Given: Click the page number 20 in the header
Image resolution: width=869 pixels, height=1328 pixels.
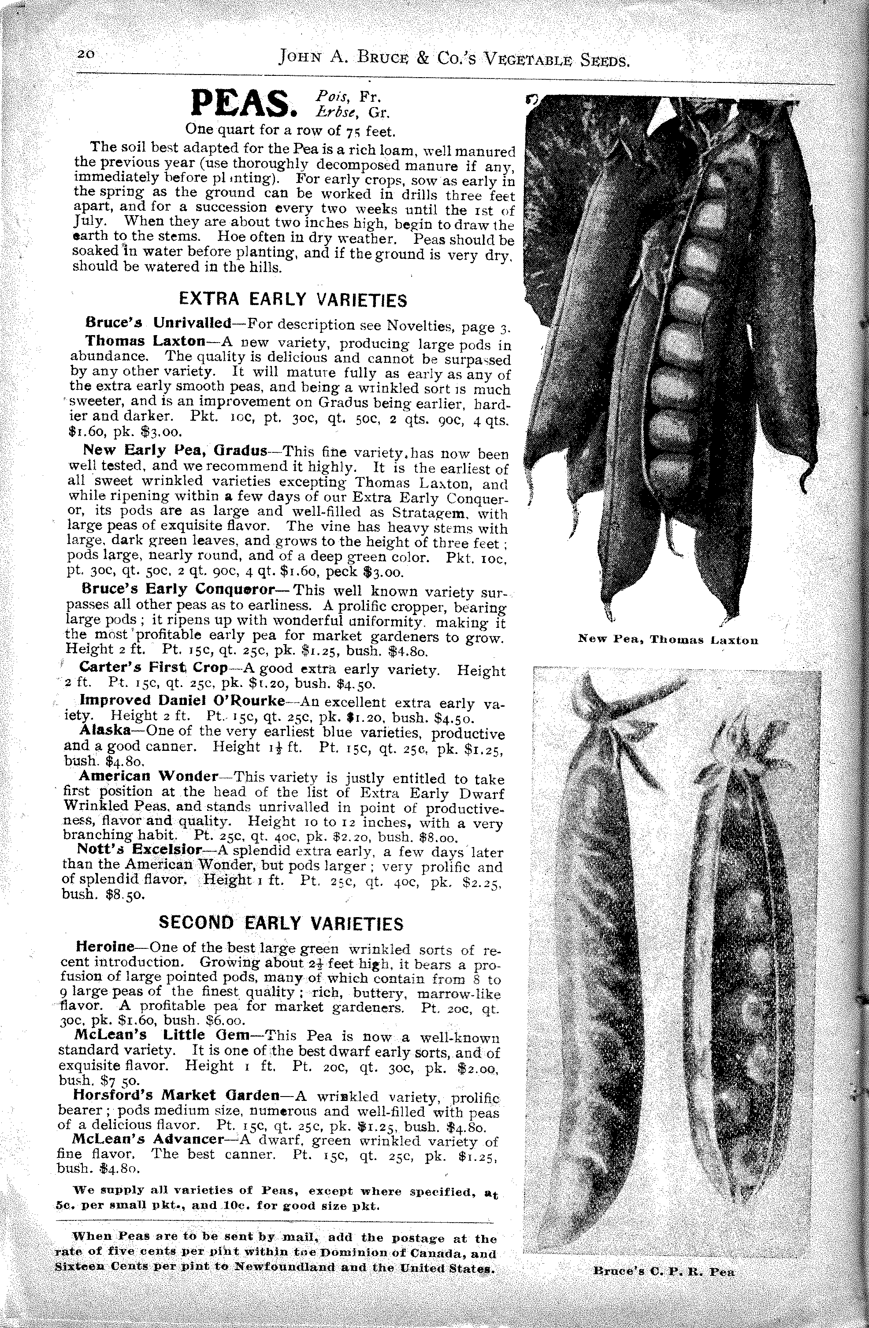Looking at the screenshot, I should pyautogui.click(x=87, y=54).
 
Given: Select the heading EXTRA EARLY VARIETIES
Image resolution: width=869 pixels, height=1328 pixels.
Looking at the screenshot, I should pyautogui.click(x=292, y=300).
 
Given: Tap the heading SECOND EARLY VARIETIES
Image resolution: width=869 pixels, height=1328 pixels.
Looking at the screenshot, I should pyautogui.click(x=281, y=922).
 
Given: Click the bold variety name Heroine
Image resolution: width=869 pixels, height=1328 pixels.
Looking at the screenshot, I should pyautogui.click(x=104, y=947).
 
